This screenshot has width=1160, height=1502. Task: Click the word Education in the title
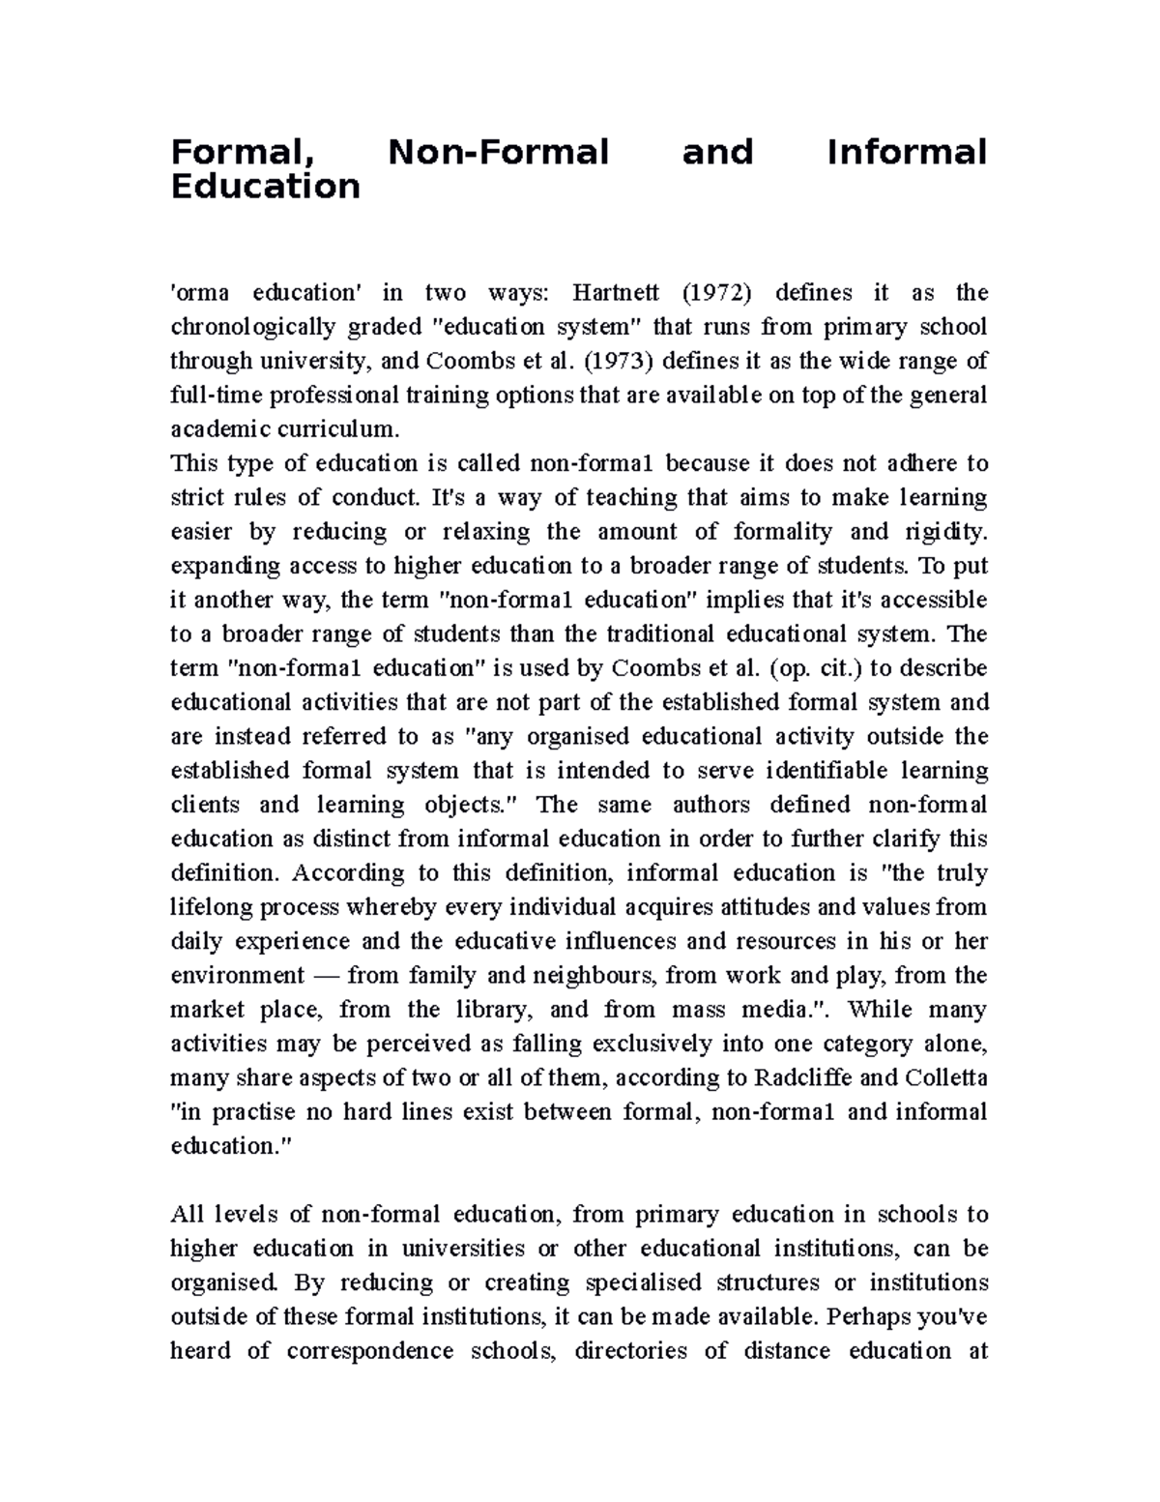[x=265, y=186]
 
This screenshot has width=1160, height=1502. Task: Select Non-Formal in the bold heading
[x=498, y=152]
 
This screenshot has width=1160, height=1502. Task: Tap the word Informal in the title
[x=907, y=152]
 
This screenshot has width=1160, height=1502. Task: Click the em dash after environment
[x=326, y=975]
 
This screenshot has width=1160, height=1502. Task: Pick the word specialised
[x=643, y=1282]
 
